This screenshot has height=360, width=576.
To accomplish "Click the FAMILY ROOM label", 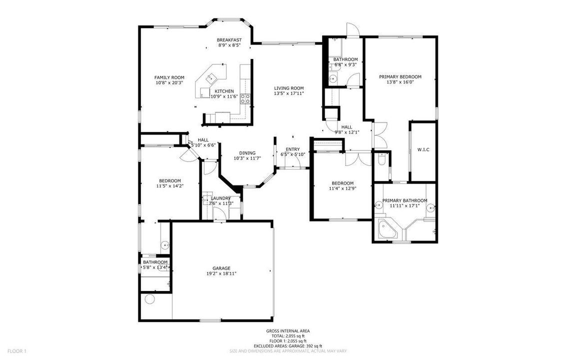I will [169, 77].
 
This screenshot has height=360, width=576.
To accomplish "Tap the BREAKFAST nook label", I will [229, 40].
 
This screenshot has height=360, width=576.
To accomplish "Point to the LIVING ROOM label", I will [289, 87].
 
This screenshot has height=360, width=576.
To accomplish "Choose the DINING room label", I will [247, 153].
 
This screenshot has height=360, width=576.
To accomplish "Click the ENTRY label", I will [293, 149].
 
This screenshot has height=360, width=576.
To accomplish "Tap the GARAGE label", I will [221, 268].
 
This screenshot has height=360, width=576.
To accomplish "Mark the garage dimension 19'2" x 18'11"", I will [221, 273].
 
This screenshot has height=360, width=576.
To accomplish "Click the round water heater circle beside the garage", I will [149, 299].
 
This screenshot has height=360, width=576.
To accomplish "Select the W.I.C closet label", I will [424, 149].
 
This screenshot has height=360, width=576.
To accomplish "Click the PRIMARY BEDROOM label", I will [400, 77].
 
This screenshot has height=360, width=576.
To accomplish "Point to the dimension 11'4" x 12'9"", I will [341, 188].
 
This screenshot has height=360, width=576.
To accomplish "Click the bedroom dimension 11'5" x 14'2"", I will [170, 186].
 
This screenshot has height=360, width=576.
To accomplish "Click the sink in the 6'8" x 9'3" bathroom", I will [333, 78].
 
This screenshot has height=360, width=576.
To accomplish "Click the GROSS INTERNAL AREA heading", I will [288, 331].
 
